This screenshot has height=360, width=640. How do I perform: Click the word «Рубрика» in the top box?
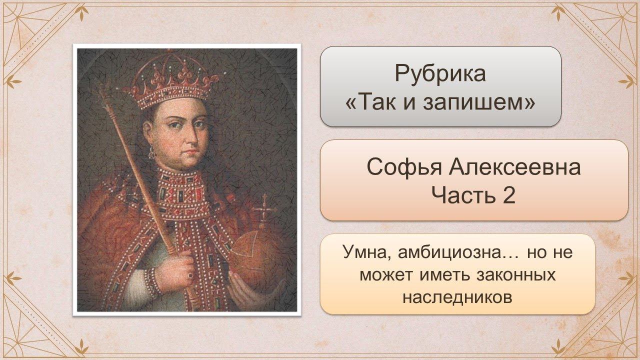pyautogui.click(x=440, y=74)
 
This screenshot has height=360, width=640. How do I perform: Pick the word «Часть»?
pyautogui.click(x=463, y=195)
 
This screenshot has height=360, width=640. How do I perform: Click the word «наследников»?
pyautogui.click(x=457, y=297)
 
